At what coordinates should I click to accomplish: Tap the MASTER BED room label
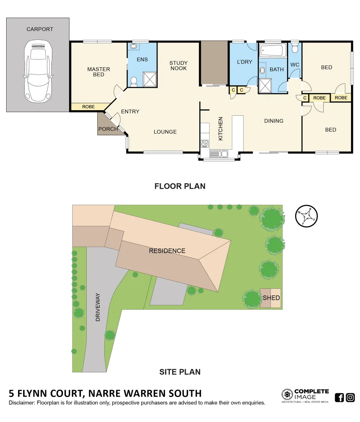point(99,72)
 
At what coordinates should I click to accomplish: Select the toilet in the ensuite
point(134,81)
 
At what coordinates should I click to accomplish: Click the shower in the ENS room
point(149,79)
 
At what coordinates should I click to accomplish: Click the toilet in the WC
point(295,48)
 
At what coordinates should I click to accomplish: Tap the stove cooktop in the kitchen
point(204,143)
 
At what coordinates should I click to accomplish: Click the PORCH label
point(108,129)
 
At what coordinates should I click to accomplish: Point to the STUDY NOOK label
point(178,66)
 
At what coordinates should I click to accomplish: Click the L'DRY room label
point(245,62)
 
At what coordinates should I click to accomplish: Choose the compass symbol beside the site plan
point(306,216)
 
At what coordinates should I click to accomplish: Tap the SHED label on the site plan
point(271,298)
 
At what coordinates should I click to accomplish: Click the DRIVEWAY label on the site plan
point(98,307)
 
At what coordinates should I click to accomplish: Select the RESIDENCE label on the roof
point(167,251)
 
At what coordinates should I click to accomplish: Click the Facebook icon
point(339,397)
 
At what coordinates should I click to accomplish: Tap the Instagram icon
point(350,397)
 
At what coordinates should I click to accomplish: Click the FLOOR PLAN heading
point(180,186)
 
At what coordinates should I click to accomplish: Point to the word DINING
point(273,121)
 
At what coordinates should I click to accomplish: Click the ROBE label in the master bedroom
point(88,107)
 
